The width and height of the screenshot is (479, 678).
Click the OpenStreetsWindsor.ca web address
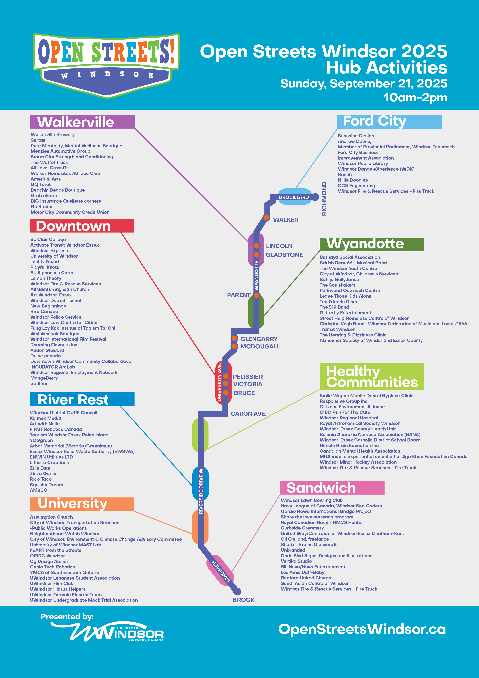362,629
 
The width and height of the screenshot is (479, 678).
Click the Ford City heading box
389,121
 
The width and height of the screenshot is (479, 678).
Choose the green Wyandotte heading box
371,244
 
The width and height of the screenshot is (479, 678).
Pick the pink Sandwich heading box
332,487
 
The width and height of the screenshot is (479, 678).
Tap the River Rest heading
82,399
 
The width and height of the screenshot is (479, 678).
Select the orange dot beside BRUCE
226,393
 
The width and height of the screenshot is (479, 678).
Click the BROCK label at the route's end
243,600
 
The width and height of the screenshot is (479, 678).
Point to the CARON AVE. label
248,414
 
